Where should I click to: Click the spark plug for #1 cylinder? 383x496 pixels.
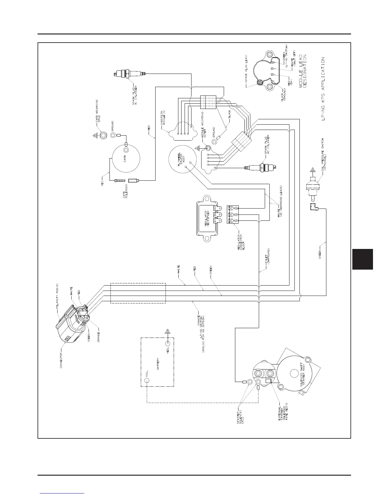[129, 74]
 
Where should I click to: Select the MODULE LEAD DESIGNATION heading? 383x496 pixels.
[303, 71]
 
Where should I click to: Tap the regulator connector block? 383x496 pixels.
[233, 214]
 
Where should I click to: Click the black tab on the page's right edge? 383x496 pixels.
[362, 259]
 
